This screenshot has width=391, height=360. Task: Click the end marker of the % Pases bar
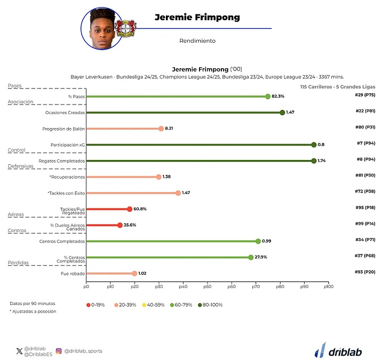(x=268, y=97)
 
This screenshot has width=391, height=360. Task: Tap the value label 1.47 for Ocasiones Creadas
(x=290, y=113)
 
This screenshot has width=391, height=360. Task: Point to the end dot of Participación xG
(x=314, y=145)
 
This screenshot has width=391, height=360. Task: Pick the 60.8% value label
(x=140, y=209)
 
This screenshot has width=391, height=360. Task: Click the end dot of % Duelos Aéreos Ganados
(x=119, y=225)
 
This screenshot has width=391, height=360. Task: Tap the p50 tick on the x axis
(x=207, y=286)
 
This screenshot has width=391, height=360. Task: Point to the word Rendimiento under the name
(x=197, y=41)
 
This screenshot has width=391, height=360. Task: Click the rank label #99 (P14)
(x=366, y=223)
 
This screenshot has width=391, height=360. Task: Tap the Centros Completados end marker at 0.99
(x=258, y=241)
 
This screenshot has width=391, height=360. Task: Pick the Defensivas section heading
(x=21, y=166)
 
